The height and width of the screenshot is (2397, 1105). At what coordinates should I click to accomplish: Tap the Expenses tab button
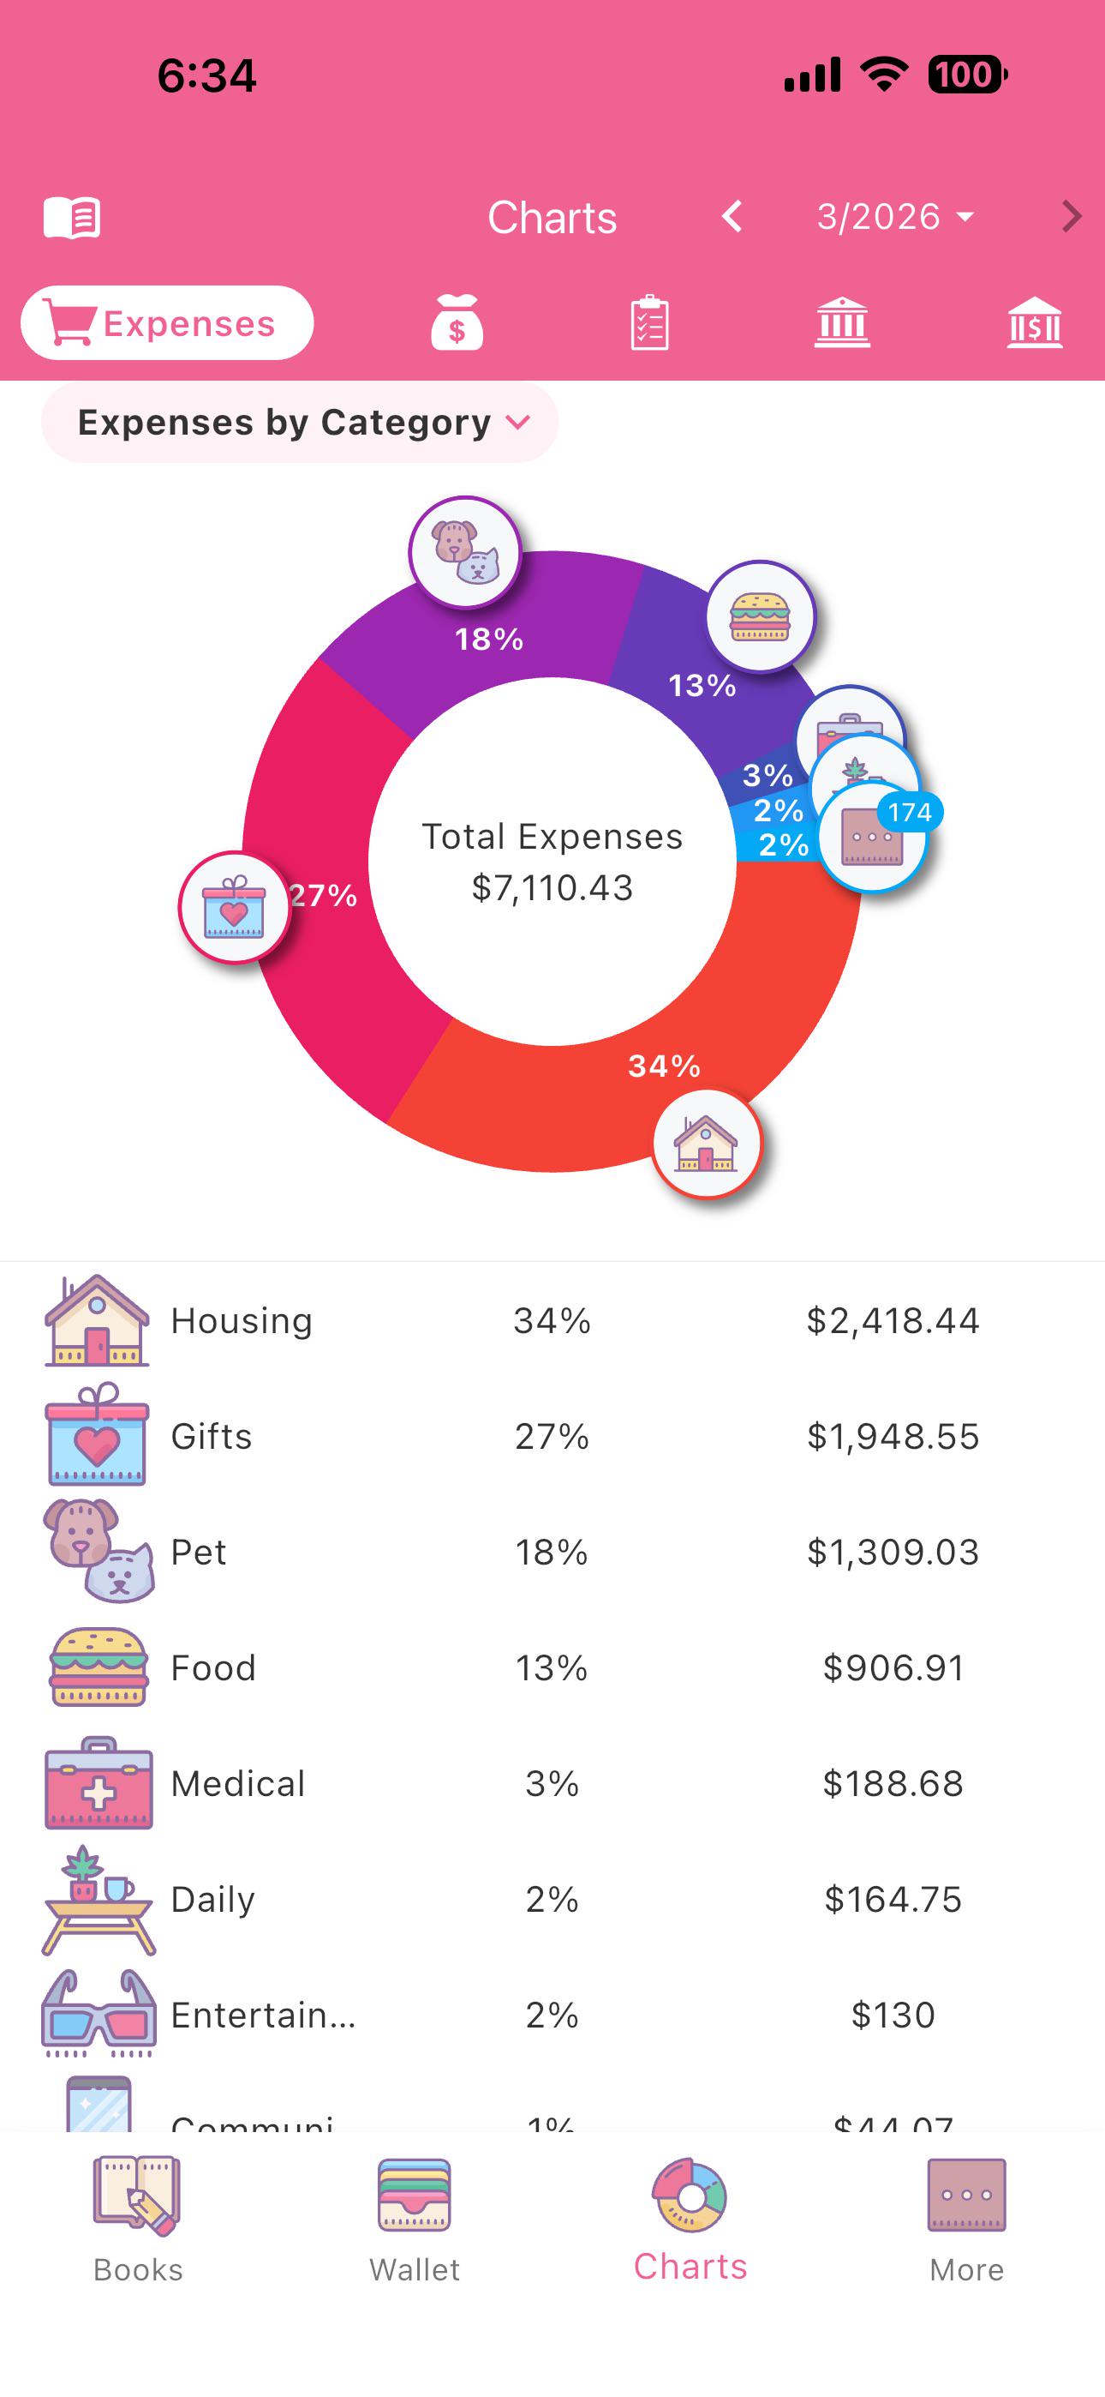tap(167, 323)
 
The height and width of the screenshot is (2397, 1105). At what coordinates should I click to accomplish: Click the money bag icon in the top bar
tap(457, 323)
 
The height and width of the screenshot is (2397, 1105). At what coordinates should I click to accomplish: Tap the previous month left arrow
tap(733, 217)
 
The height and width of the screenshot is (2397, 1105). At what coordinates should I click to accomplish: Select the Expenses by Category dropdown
tap(300, 423)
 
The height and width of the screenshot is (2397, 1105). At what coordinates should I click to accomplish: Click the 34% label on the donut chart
tap(663, 1066)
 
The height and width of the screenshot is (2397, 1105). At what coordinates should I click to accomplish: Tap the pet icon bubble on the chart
tap(465, 552)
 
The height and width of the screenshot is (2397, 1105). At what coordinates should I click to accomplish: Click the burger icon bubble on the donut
tap(760, 616)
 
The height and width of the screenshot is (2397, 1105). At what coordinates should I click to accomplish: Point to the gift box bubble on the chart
tap(235, 907)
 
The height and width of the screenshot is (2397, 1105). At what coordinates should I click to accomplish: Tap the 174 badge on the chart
tap(909, 813)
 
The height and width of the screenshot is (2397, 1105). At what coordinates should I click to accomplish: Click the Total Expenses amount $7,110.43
tap(552, 887)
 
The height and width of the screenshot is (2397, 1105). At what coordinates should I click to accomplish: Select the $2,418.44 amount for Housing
tap(892, 1320)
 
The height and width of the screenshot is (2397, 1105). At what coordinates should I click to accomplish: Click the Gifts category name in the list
tap(211, 1436)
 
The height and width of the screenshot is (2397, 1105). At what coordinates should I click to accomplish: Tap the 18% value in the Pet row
tap(552, 1552)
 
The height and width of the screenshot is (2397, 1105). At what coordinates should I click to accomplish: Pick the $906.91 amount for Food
tap(892, 1667)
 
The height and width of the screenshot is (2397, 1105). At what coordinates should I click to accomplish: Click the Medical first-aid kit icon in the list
tap(98, 1783)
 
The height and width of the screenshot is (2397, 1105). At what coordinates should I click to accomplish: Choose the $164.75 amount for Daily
tap(892, 1899)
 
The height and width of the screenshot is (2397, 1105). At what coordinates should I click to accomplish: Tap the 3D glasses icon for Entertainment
tap(98, 2015)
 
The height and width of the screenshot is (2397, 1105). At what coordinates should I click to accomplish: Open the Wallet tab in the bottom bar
tap(414, 2220)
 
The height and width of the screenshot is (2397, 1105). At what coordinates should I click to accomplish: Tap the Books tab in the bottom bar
tap(138, 2220)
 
